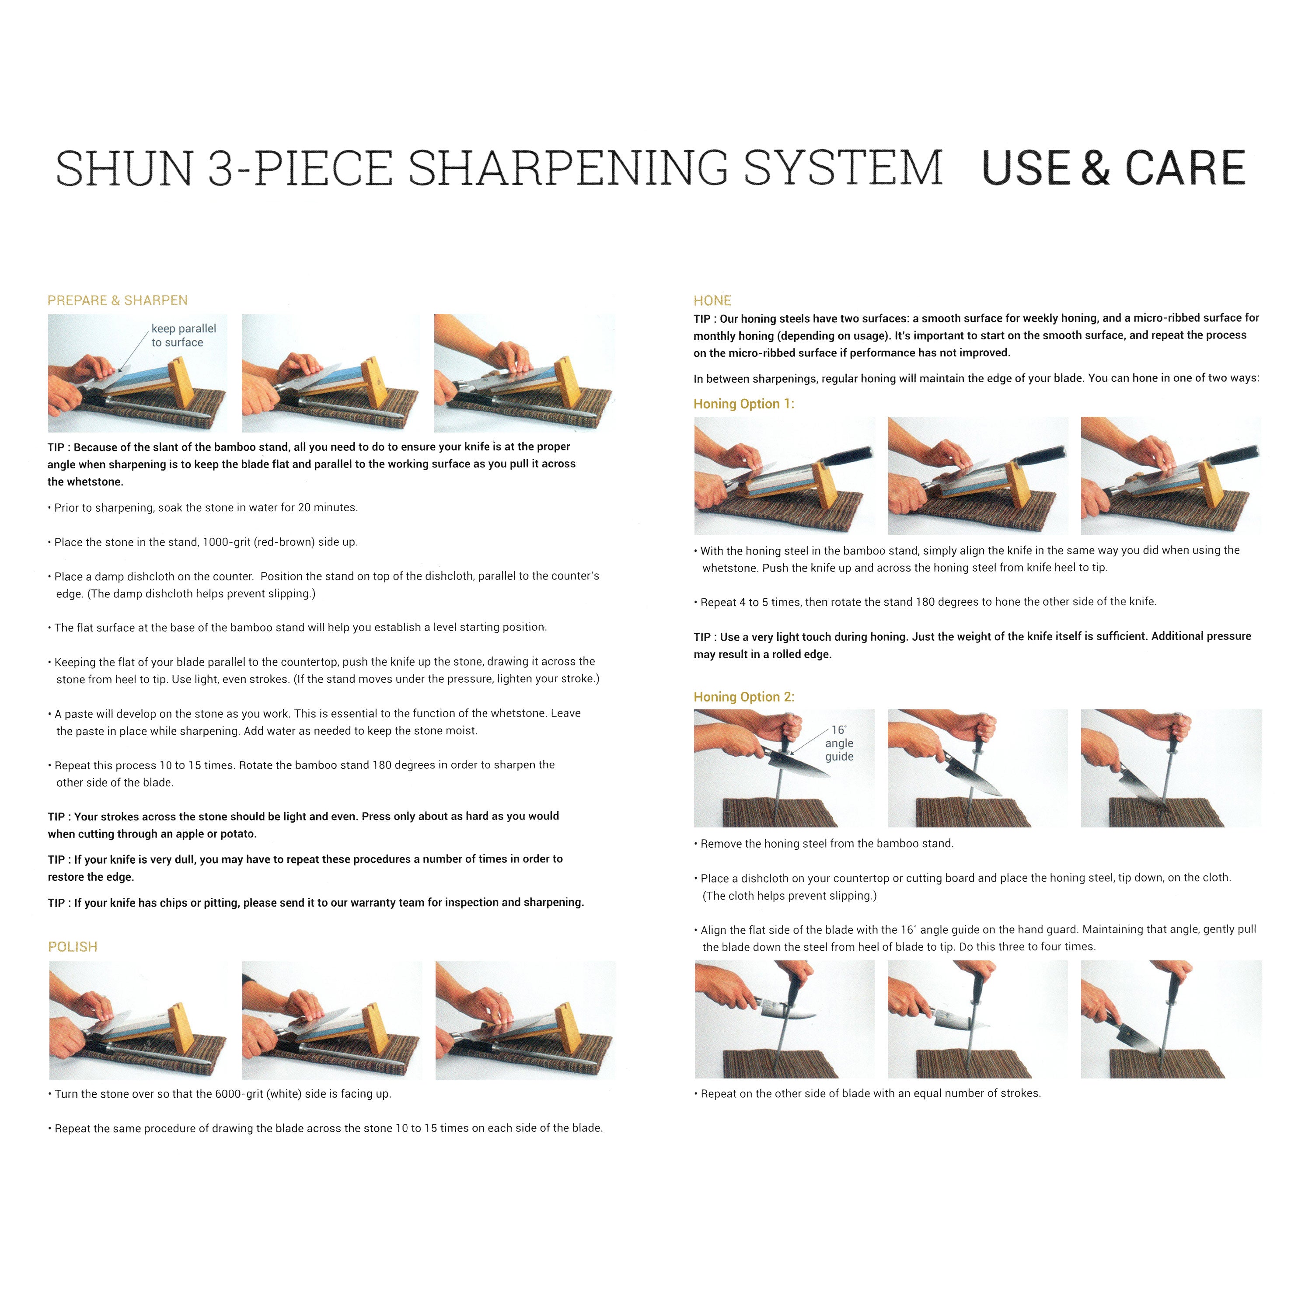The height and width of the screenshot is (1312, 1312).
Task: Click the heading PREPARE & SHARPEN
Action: point(118,300)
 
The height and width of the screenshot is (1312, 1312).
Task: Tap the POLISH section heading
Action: point(73,947)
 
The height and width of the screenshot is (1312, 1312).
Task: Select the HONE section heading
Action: point(712,300)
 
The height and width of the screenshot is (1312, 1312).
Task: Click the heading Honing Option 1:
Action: point(743,404)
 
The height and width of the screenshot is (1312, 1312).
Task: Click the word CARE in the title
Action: point(1186,168)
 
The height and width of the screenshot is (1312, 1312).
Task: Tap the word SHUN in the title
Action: point(124,168)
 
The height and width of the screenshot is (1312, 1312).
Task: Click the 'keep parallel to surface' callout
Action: point(183,335)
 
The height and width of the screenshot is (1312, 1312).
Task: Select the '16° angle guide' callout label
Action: point(839,743)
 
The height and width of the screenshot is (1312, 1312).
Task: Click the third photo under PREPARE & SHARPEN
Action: point(524,373)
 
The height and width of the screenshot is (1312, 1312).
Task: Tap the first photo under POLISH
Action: point(139,1021)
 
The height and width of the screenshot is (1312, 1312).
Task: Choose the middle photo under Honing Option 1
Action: point(978,475)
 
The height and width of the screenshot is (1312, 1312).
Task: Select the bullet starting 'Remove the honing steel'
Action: point(824,844)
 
